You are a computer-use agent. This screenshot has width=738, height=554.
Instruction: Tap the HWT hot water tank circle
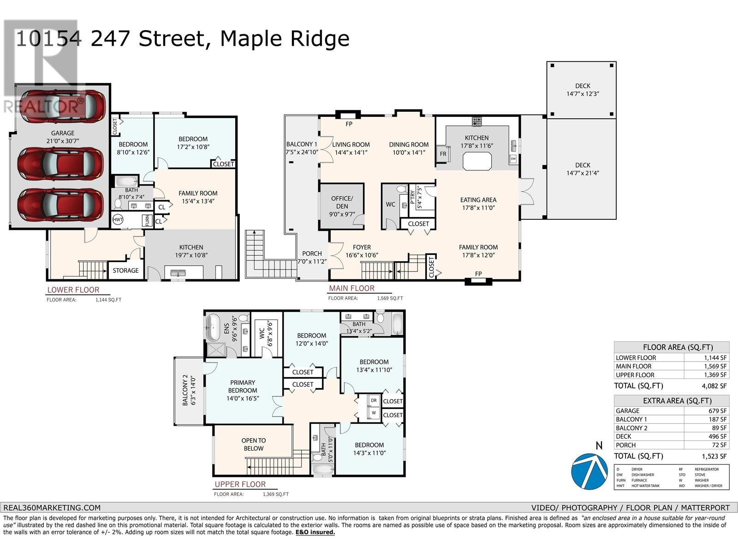pyautogui.click(x=118, y=220)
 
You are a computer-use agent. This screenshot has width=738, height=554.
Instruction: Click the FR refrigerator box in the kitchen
pyautogui.click(x=443, y=154)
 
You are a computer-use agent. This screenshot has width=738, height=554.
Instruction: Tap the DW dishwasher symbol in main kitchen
pyautogui.click(x=513, y=158)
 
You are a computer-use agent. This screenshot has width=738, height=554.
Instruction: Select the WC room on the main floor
pyautogui.click(x=390, y=205)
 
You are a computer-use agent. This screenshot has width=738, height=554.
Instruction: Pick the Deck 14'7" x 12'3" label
pyautogui.click(x=582, y=90)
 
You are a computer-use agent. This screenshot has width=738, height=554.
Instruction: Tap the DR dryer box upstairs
pyautogui.click(x=374, y=400)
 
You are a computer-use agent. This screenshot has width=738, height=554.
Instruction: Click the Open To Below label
pyautogui.click(x=253, y=444)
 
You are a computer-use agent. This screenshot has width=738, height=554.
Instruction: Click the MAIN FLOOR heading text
pyautogui.click(x=351, y=288)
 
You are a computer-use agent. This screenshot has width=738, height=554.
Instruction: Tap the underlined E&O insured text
pyautogui.click(x=315, y=532)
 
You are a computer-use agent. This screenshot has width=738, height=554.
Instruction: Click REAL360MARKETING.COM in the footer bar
pyautogui.click(x=52, y=507)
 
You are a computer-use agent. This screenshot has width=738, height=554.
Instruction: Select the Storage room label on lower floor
pyautogui.click(x=125, y=271)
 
